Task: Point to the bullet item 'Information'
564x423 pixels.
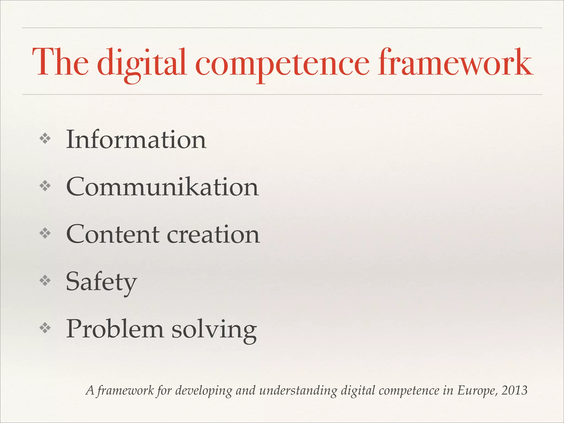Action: (136, 140)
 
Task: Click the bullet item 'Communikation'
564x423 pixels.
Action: (162, 187)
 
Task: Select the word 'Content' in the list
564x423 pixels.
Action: (113, 234)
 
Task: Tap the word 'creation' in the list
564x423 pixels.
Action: (213, 234)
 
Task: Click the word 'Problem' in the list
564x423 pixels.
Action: (115, 329)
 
